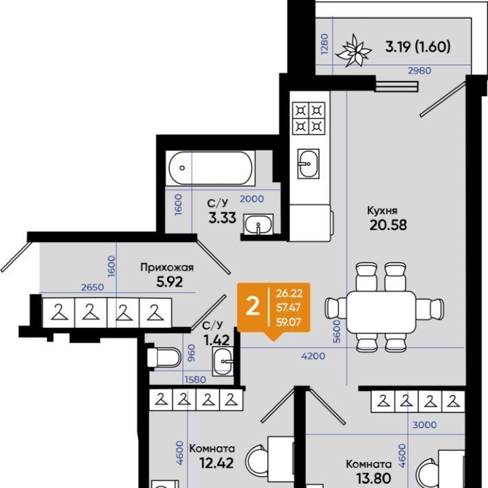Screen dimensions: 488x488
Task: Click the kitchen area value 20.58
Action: (388, 225)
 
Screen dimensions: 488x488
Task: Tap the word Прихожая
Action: (167, 267)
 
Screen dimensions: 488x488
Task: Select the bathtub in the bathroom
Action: (210, 168)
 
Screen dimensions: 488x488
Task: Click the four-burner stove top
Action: (309, 118)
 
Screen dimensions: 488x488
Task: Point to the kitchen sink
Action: (308, 164)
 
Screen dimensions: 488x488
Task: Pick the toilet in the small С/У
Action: (164, 357)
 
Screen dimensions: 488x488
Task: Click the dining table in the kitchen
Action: (381, 312)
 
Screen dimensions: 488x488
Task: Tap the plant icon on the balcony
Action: (354, 51)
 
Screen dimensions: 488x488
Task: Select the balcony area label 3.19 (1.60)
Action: (418, 47)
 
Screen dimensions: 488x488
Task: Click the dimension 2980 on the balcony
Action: (419, 71)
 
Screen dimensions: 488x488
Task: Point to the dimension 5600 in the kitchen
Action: (337, 331)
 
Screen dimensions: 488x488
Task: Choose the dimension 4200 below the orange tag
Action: (313, 356)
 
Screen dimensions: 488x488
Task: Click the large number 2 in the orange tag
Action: (252, 307)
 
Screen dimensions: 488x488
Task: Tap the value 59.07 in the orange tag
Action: (289, 322)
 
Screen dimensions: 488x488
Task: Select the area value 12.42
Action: (217, 463)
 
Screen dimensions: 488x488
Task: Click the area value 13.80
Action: (373, 478)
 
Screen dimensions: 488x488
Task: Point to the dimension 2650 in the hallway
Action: (92, 287)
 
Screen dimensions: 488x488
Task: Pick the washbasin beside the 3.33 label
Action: (258, 224)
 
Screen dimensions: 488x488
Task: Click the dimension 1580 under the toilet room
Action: (195, 379)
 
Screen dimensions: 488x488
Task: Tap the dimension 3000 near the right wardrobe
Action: (425, 425)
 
